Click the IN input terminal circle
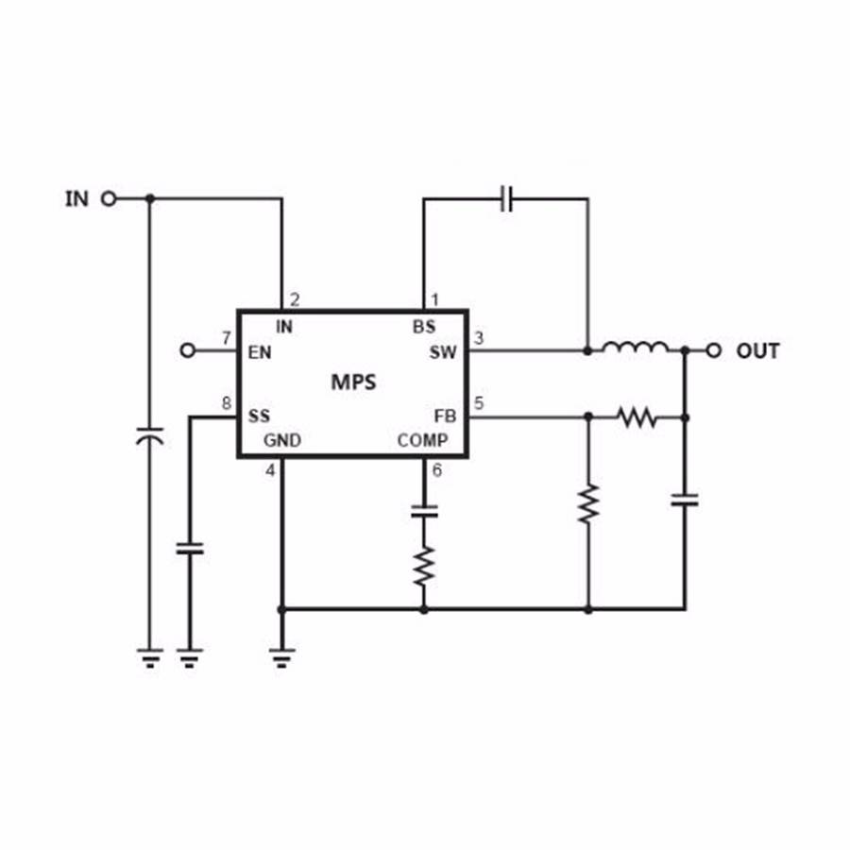pos(109,198)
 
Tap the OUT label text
pos(757,351)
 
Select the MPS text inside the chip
pos(353,382)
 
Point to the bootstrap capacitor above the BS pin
pos(507,199)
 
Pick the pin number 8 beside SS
pos(227,404)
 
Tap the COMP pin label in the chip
pos(422,440)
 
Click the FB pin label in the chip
pos(445,416)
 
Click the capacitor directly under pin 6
pos(424,512)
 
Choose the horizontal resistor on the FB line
pos(636,416)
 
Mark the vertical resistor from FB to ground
pos(588,503)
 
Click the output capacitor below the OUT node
pos(685,499)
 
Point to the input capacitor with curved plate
pos(148,437)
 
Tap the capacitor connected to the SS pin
pos(190,548)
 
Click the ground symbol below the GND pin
pos(281,654)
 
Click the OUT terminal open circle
pos(714,350)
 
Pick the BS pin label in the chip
pos(424,328)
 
